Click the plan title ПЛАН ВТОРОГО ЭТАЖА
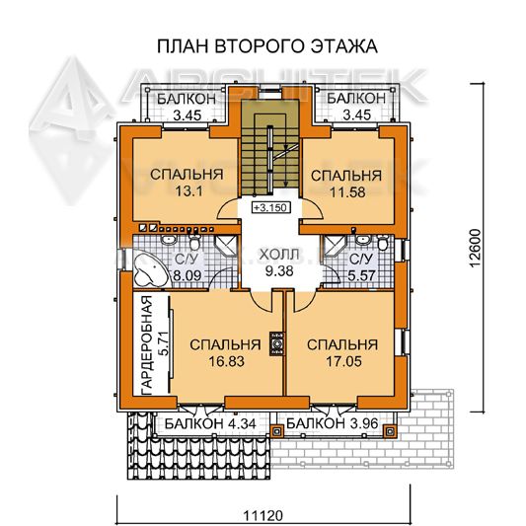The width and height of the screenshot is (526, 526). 267,46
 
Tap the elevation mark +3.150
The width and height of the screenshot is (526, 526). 270,207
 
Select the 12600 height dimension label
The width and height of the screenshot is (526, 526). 475,248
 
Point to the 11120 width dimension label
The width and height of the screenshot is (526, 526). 263,515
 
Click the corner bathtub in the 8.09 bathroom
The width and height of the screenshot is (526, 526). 150,271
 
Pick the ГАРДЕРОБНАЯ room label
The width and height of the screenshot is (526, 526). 147,345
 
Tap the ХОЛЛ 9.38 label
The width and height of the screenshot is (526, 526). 278,263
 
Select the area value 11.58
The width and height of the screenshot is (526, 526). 347,192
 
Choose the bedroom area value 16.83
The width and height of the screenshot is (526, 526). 226,361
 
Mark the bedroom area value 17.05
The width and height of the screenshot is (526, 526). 343,361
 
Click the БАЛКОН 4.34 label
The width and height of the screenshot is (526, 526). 210,424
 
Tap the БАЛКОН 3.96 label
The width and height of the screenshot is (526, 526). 333,423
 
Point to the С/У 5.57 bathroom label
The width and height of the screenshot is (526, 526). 361,267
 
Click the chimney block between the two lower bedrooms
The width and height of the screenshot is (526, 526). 277,343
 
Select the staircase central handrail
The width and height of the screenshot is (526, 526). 269,159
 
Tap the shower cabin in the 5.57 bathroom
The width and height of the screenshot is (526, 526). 334,245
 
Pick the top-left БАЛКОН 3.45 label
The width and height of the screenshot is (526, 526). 188,107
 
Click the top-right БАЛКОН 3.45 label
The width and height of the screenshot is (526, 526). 356,107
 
